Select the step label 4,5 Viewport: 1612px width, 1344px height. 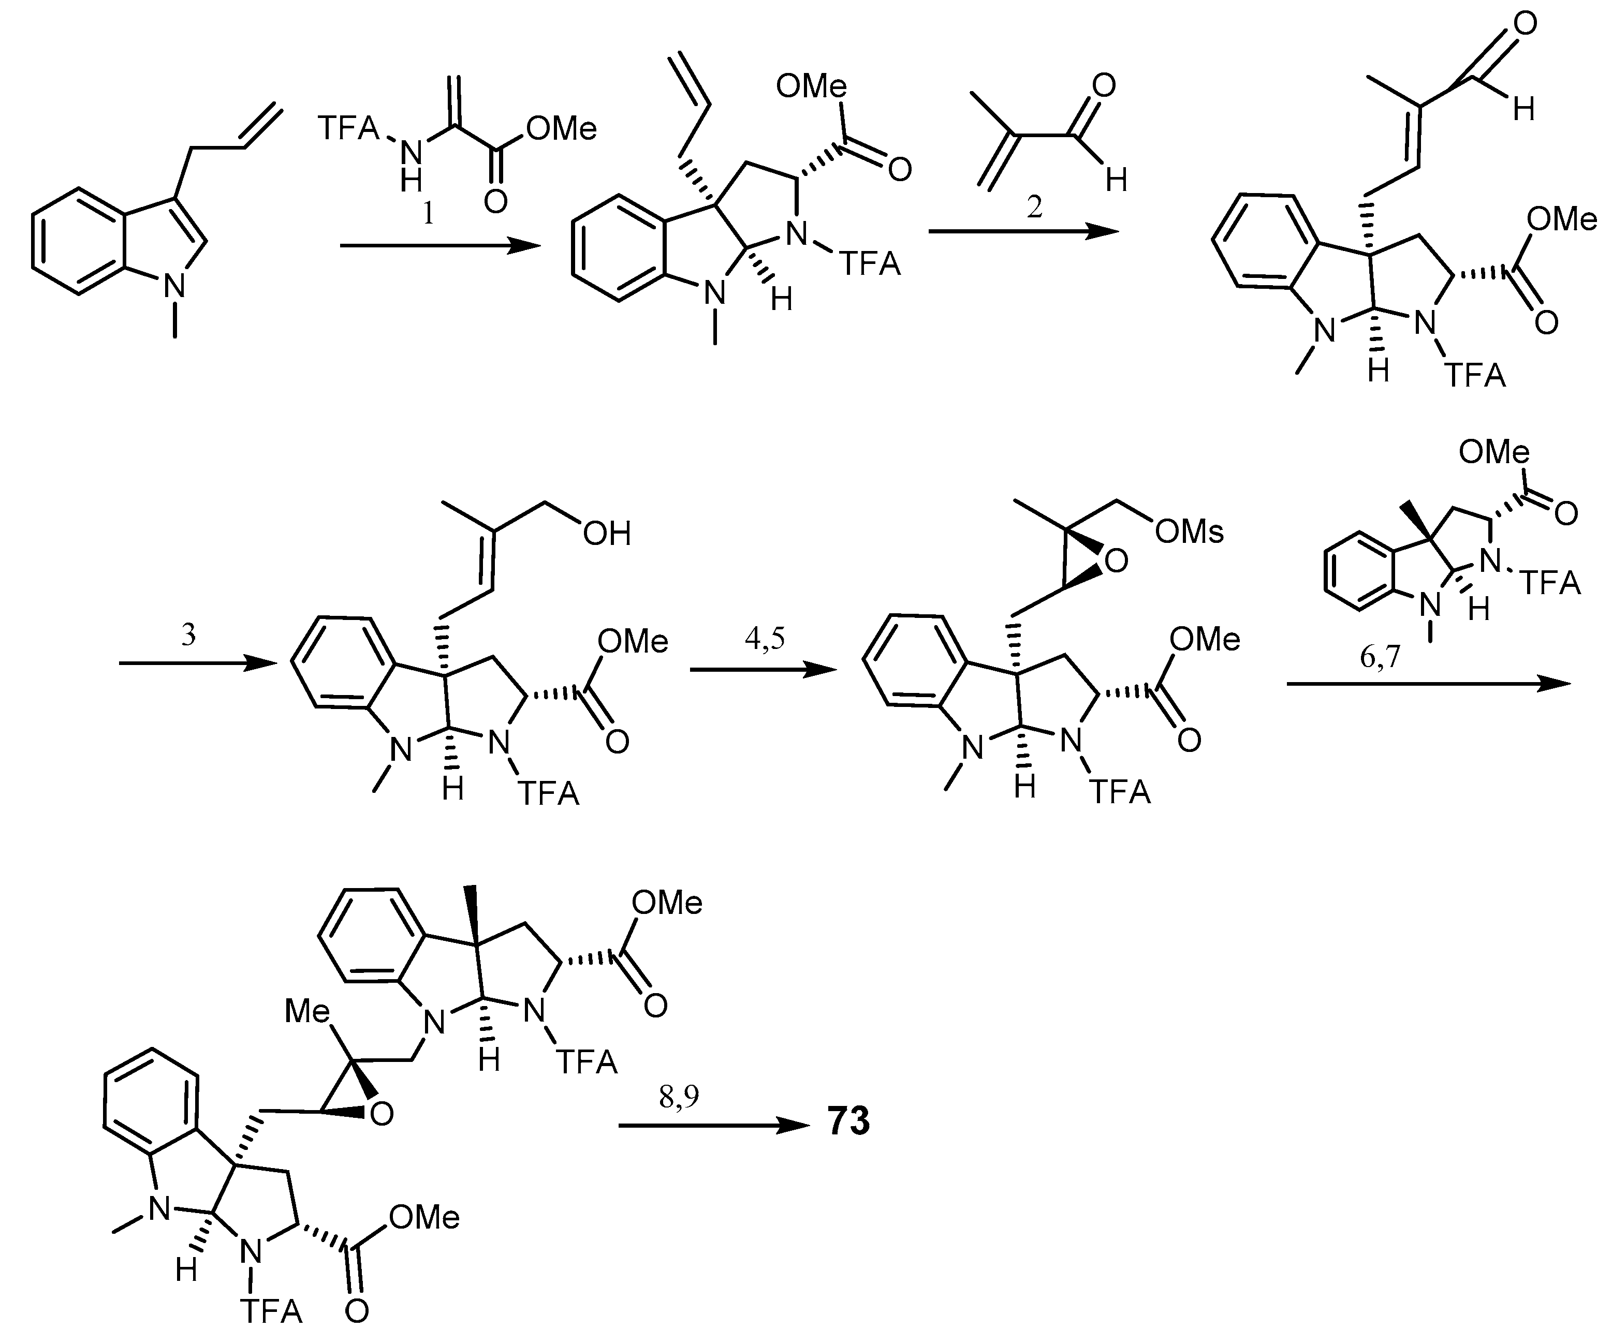pyautogui.click(x=765, y=639)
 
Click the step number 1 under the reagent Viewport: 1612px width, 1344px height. pyautogui.click(x=428, y=213)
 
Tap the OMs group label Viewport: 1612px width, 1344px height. pyautogui.click(x=1189, y=531)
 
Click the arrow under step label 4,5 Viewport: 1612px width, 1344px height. pyautogui.click(x=764, y=670)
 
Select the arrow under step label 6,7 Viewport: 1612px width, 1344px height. pyautogui.click(x=1428, y=684)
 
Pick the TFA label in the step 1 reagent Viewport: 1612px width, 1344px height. pyautogui.click(x=349, y=128)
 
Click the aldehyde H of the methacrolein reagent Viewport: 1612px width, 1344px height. pyautogui.click(x=1116, y=181)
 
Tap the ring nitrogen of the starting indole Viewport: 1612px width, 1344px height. pyautogui.click(x=176, y=286)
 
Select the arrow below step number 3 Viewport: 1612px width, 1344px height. pyautogui.click(x=196, y=662)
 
